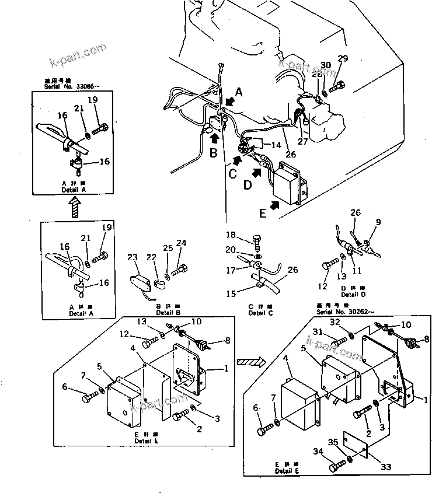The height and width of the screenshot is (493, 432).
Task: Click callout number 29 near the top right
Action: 343,58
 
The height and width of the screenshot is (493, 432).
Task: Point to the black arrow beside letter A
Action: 230,102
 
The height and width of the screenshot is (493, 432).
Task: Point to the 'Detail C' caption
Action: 256,313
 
